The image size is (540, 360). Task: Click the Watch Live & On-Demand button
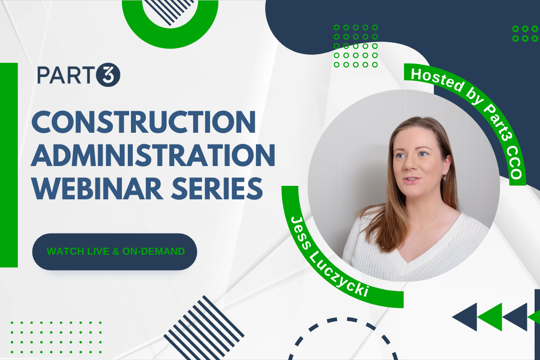coord(115,252)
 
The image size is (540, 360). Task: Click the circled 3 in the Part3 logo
coord(108,75)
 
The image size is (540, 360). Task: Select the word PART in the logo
coord(67,75)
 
